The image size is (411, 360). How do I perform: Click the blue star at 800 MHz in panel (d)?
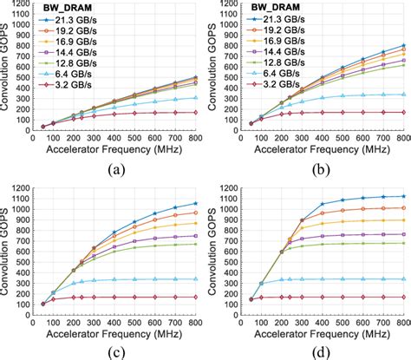point(404,196)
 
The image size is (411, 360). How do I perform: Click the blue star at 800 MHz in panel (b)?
point(404,45)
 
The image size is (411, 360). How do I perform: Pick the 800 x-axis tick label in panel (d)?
point(403,320)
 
